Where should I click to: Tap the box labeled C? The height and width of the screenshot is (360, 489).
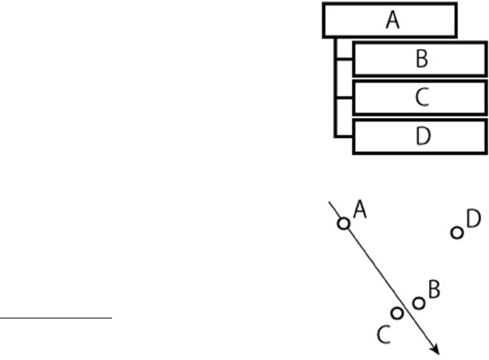pos(420,98)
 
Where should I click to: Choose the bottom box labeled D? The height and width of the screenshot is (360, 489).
pos(420,137)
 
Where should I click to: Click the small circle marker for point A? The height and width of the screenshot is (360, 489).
pos(343,223)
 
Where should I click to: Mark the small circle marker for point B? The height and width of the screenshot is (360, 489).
pos(419,302)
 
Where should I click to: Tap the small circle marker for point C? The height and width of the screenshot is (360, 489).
pos(397,313)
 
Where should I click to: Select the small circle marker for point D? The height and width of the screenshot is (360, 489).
pos(457,233)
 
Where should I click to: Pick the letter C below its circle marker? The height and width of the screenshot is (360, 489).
pos(383,336)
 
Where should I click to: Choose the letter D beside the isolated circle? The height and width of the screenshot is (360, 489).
pos(473,219)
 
